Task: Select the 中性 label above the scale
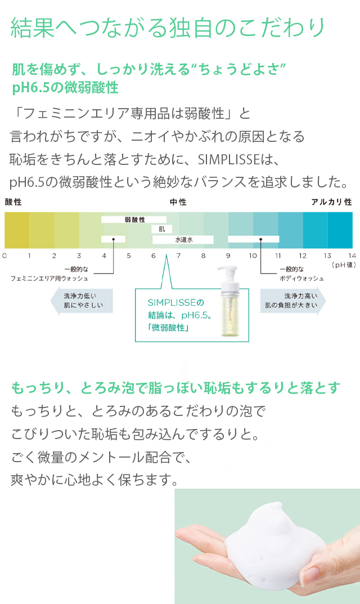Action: pyautogui.click(x=178, y=202)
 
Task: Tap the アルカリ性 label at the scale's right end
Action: pyautogui.click(x=332, y=202)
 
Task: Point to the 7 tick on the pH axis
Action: pyautogui.click(x=178, y=256)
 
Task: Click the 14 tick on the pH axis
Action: pyautogui.click(x=352, y=256)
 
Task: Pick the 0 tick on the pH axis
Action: pyautogui.click(x=4, y=256)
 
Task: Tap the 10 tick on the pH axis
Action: pyautogui.click(x=253, y=256)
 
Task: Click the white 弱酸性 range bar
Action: pyautogui.click(x=134, y=220)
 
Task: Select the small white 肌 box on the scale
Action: pyautogui.click(x=161, y=229)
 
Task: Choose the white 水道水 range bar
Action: pyautogui.click(x=183, y=239)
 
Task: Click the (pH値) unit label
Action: pyautogui.click(x=341, y=264)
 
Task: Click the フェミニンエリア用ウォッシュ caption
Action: pyautogui.click(x=49, y=278)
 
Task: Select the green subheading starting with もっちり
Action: pyautogui.click(x=175, y=388)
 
